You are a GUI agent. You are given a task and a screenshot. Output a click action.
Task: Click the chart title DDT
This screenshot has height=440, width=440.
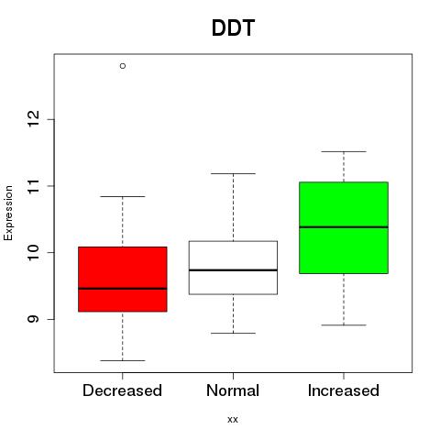coord(233,28)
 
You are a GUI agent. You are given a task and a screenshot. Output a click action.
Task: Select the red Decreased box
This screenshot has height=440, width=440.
coord(123,279)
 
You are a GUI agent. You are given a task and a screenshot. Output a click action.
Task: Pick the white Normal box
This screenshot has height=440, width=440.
coord(233,268)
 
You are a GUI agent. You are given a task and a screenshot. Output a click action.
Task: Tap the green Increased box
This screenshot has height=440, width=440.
coord(344,227)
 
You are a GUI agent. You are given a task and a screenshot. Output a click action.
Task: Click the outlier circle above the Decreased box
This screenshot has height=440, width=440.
coord(123,66)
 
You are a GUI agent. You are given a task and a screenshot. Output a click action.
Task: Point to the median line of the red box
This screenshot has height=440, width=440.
coord(123,289)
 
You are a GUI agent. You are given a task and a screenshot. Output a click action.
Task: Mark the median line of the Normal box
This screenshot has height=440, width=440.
coord(233,270)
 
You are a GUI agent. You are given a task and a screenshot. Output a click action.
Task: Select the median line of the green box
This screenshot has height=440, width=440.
coord(344,227)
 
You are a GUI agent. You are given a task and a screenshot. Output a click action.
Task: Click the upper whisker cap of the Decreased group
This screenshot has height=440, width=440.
coord(123,196)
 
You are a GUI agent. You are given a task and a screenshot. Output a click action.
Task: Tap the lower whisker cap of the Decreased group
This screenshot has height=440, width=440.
coord(123,360)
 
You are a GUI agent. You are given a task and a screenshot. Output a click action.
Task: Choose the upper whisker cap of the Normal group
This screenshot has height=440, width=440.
coord(233,173)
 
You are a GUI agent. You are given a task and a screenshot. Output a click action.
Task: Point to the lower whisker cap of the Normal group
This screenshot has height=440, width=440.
coord(233,333)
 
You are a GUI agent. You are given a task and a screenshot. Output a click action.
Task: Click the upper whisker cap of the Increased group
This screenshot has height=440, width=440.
coord(344,151)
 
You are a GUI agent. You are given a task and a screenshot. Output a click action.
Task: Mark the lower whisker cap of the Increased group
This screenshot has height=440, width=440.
coord(344,325)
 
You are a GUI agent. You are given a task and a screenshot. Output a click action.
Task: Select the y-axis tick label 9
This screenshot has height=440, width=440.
coord(33,319)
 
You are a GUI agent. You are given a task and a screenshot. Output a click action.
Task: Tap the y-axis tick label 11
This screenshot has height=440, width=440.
coord(33,186)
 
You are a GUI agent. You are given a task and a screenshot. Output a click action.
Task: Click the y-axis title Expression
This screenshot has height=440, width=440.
coord(8,213)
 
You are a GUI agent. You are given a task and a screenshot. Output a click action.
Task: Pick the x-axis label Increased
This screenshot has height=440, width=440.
coord(344,390)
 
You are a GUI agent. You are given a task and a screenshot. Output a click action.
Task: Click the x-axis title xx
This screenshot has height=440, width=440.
coord(233,420)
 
